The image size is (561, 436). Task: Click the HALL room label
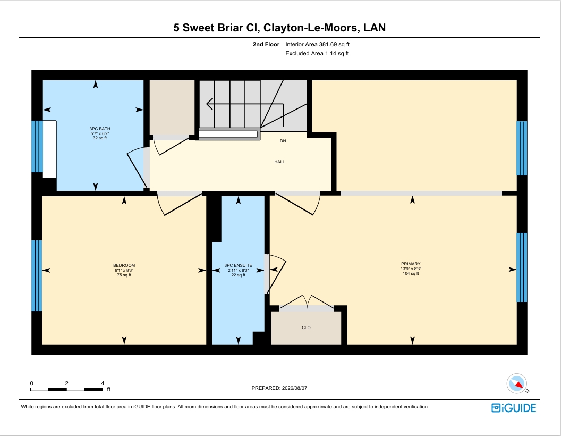click(279, 162)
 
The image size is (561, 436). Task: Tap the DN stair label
click(283, 141)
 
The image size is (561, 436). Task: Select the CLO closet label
click(306, 328)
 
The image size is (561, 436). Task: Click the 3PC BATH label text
click(100, 129)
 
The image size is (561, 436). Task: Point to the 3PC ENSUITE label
click(239, 266)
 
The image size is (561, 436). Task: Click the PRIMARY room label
click(411, 264)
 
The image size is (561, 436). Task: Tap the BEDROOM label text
click(124, 266)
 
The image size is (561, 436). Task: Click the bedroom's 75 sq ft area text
click(124, 275)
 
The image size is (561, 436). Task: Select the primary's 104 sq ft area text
click(411, 273)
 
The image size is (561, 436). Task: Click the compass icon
click(517, 384)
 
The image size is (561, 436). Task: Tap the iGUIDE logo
click(514, 408)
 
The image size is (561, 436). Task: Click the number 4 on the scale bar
click(103, 383)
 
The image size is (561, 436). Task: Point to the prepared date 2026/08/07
click(294, 388)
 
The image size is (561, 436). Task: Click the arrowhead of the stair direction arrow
click(210, 104)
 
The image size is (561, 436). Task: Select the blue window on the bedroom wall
click(37, 275)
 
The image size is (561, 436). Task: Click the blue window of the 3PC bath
click(37, 146)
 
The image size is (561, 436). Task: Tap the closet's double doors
click(306, 302)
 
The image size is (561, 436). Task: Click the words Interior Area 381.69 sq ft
click(317, 44)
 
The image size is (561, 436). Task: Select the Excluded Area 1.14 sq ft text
click(317, 53)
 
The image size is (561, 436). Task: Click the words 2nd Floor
click(266, 44)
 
